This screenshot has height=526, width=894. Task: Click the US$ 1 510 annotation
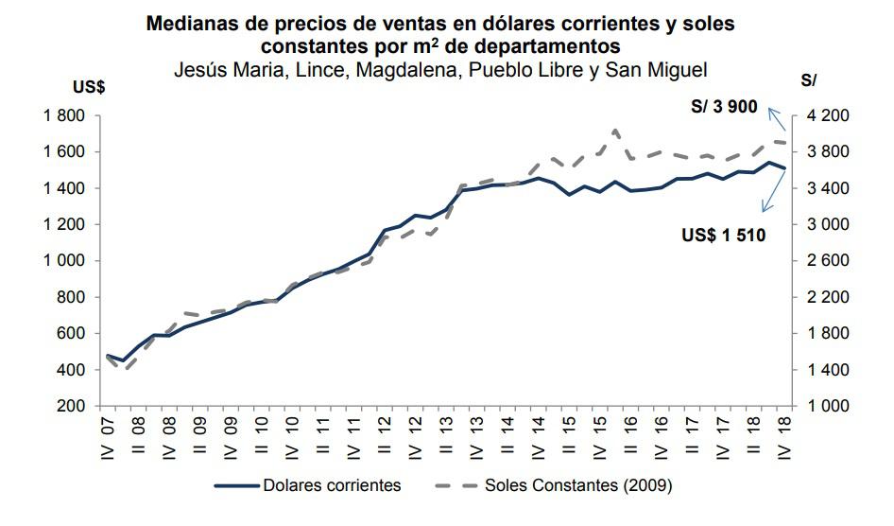click(723, 235)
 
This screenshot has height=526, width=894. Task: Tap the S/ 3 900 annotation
click(724, 107)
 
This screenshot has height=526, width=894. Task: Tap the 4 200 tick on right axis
click(828, 115)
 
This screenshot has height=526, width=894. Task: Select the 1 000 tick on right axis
click(828, 406)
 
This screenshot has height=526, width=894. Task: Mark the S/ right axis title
click(808, 81)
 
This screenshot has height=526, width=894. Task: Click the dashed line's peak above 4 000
click(616, 130)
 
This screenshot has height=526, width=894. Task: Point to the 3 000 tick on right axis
click(828, 224)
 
